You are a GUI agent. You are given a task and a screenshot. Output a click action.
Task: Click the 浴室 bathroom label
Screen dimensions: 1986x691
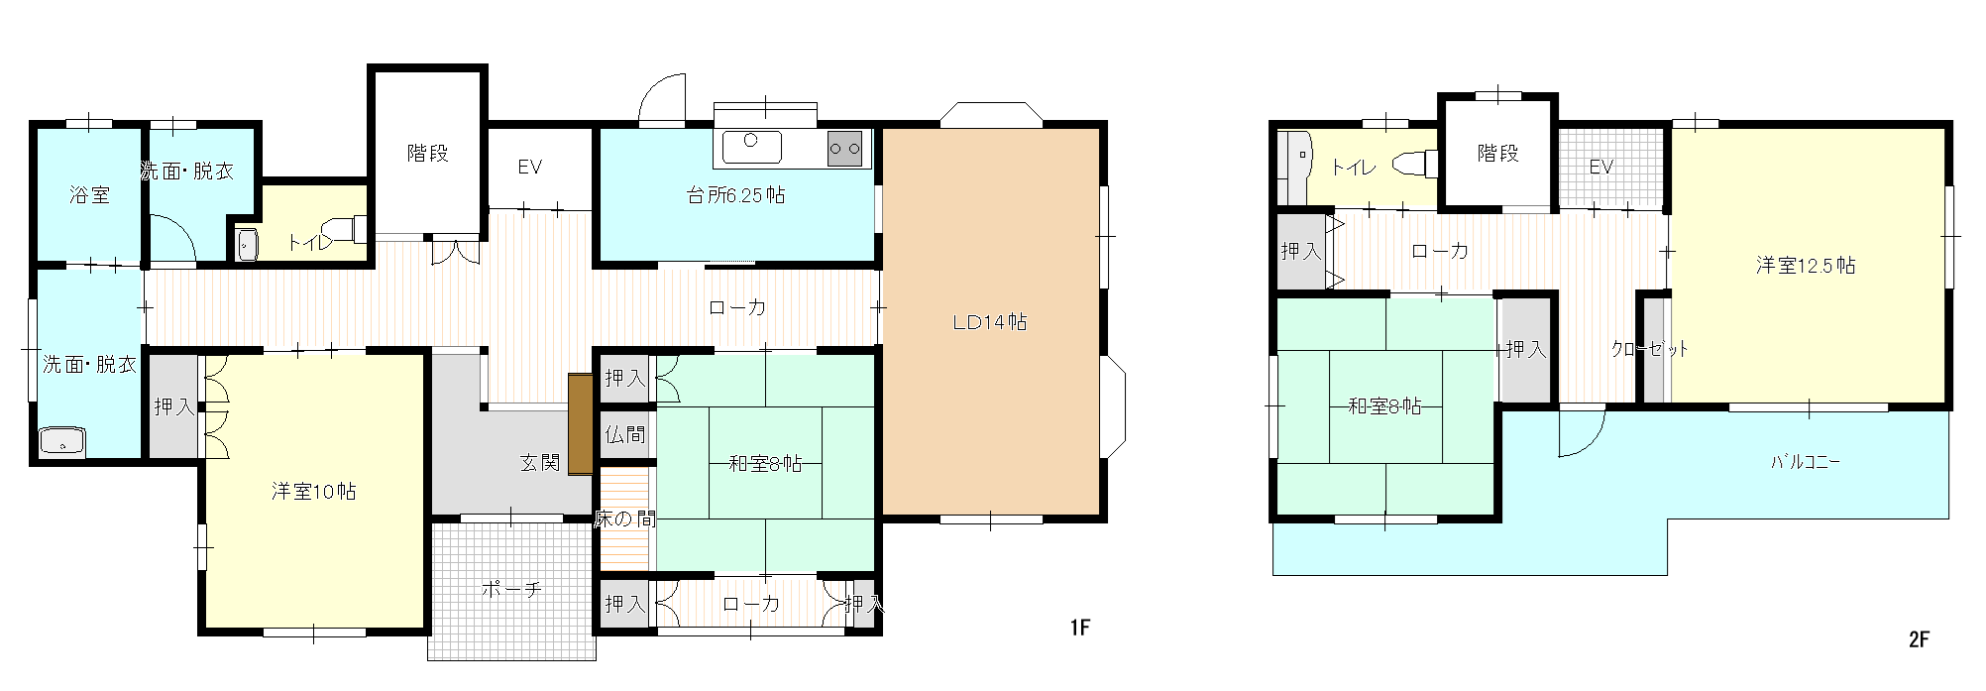pyautogui.click(x=89, y=195)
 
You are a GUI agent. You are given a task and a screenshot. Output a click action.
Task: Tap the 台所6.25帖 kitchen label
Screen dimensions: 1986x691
pyautogui.click(x=736, y=195)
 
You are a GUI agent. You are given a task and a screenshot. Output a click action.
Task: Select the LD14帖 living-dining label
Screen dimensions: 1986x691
pyautogui.click(x=989, y=322)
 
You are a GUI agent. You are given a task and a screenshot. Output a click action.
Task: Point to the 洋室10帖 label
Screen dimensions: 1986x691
pyautogui.click(x=314, y=491)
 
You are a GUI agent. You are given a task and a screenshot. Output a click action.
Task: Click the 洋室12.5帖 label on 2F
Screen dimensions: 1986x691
pyautogui.click(x=1806, y=266)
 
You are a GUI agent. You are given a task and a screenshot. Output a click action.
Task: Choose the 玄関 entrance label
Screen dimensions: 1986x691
pyautogui.click(x=540, y=463)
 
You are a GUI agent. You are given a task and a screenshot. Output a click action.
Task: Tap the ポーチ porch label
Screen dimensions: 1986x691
pyautogui.click(x=511, y=589)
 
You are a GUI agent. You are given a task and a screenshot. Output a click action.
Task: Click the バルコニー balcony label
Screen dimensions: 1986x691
pyautogui.click(x=1806, y=462)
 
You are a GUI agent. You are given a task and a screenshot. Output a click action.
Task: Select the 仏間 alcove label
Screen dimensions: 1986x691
pyautogui.click(x=625, y=434)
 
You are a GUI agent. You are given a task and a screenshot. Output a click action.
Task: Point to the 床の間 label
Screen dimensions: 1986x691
pyautogui.click(x=624, y=518)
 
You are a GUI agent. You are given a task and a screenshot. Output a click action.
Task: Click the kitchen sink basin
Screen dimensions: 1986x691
pyautogui.click(x=751, y=148)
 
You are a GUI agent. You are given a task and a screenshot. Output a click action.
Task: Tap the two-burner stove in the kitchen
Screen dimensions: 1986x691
pyautogui.click(x=845, y=149)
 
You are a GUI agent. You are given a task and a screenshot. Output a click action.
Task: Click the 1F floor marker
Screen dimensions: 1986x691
pyautogui.click(x=1079, y=627)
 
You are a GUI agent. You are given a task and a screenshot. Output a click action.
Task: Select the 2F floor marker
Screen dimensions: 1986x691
pyautogui.click(x=1919, y=639)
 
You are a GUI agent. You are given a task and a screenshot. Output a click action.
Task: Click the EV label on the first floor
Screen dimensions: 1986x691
pyautogui.click(x=530, y=167)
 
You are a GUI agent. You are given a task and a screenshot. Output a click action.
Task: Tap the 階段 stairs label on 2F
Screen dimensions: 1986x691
pyautogui.click(x=1497, y=153)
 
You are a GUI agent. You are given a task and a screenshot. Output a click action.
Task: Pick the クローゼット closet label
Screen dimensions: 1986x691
pyautogui.click(x=1649, y=349)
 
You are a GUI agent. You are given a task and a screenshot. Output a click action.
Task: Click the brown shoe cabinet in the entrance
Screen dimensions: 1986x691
pyautogui.click(x=580, y=424)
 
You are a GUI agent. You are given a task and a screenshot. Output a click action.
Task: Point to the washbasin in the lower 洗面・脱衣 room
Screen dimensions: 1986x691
pyautogui.click(x=62, y=441)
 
